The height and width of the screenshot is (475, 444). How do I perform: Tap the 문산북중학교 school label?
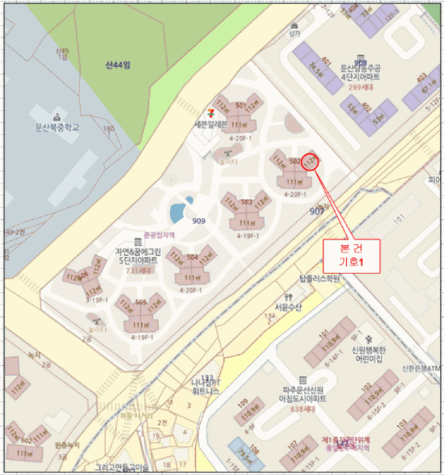pyautogui.click(x=58, y=126)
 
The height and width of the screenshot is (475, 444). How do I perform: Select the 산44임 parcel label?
pyautogui.click(x=117, y=65)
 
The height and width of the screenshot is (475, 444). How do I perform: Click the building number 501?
pyautogui.click(x=240, y=106)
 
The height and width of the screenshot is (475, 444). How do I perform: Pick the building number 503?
pyautogui.click(x=246, y=202)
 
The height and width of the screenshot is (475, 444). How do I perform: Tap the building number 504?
pyautogui.click(x=192, y=258)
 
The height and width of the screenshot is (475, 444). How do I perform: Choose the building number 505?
pyautogui.click(x=141, y=303)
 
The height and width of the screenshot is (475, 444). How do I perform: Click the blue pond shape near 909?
pyautogui.click(x=179, y=211)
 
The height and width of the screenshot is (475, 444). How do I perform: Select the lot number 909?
pyautogui.click(x=198, y=221)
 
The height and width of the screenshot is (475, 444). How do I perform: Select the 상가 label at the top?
pyautogui.click(x=293, y=32)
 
